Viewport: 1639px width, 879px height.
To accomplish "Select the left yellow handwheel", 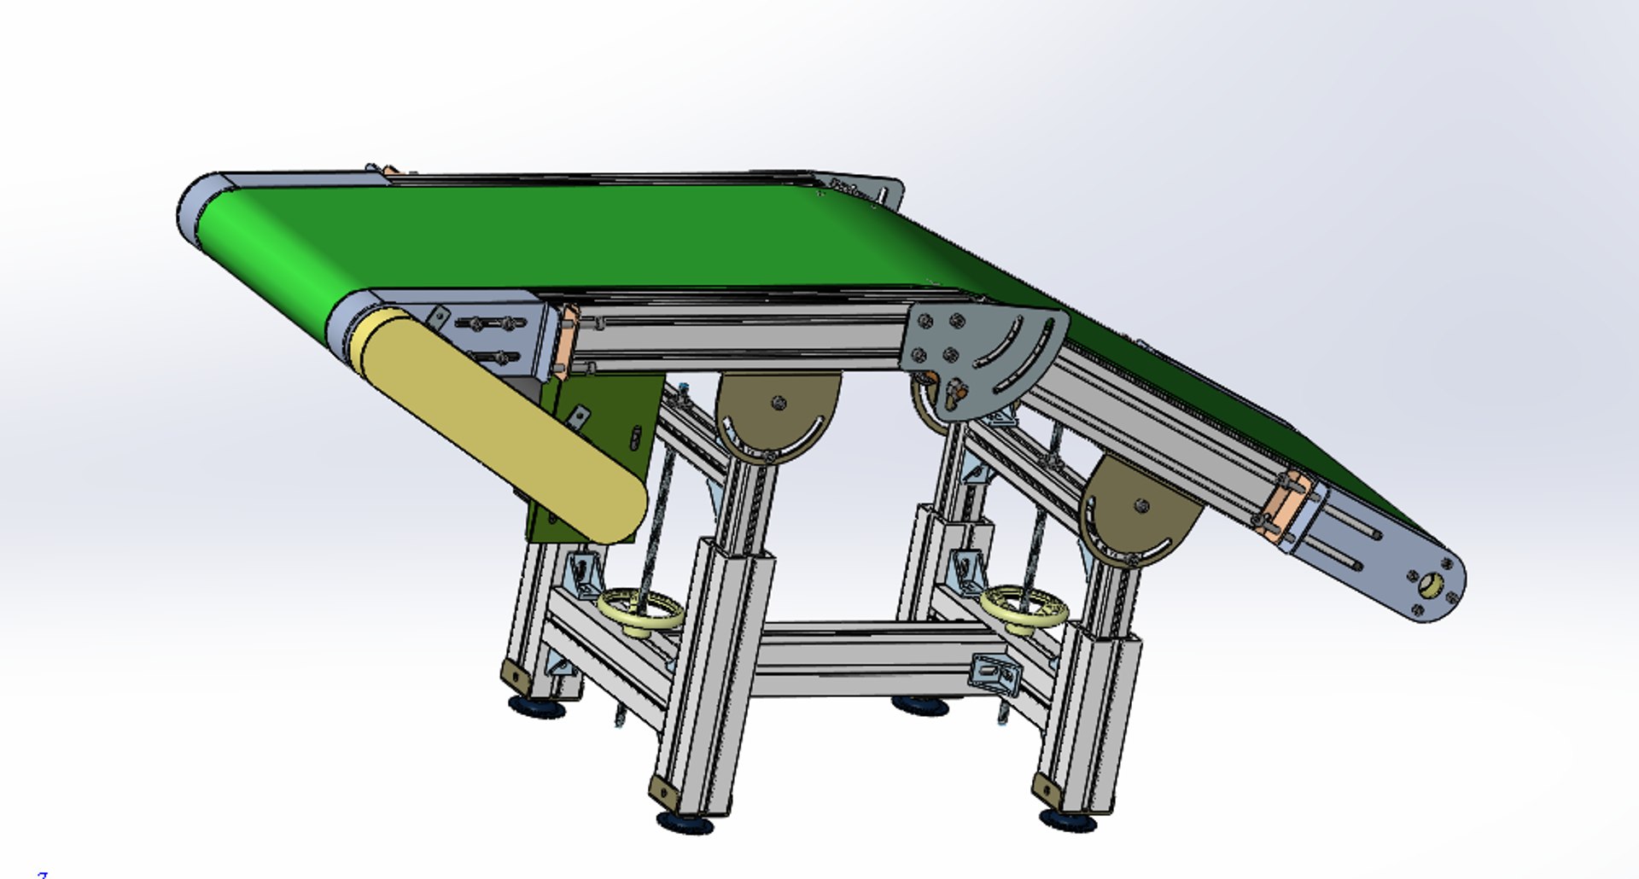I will [641, 611].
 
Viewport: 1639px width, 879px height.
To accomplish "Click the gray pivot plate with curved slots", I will [990, 350].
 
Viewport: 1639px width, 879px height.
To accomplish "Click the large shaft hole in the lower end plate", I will [1432, 585].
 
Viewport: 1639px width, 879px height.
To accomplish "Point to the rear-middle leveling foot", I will [920, 705].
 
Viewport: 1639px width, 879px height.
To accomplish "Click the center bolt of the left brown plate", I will [778, 403].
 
